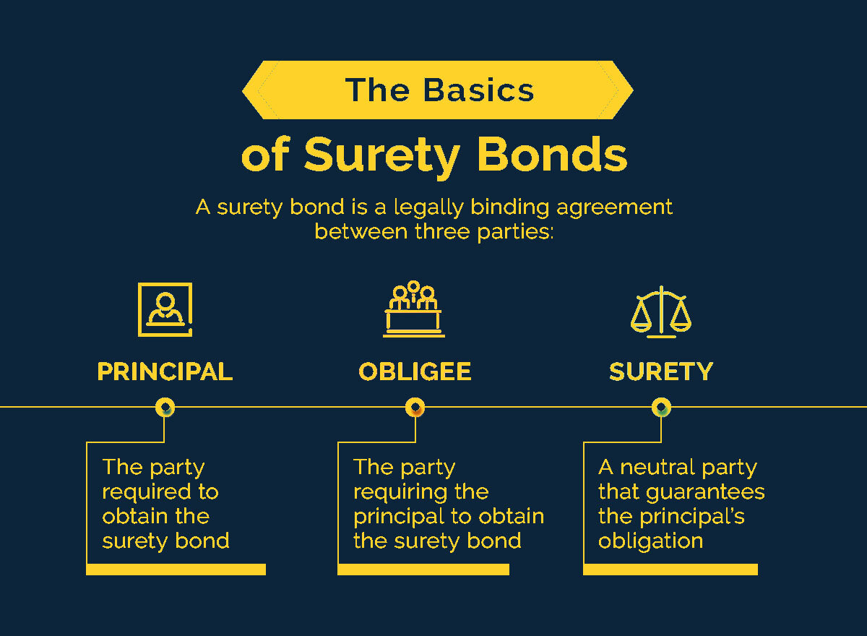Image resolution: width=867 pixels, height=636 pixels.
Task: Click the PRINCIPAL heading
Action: coord(165,371)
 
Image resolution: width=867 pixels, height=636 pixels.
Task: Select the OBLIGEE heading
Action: coord(415,371)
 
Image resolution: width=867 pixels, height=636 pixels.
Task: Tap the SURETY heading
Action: coord(661,371)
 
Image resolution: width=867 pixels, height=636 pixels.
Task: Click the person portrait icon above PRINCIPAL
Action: coord(165,309)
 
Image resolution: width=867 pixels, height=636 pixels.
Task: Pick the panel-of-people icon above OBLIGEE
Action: coord(414,309)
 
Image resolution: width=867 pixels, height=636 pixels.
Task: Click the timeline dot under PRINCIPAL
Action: coord(165,408)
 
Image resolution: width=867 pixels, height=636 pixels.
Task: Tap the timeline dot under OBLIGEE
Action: coord(415,408)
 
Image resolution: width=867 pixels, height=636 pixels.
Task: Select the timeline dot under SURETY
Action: coord(661,408)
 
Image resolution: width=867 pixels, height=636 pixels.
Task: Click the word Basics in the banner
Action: coord(479,90)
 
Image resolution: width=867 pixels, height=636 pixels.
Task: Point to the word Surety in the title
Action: coord(381,155)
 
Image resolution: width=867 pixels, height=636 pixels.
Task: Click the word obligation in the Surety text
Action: coord(650,541)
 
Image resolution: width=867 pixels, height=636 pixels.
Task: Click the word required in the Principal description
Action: coord(141,492)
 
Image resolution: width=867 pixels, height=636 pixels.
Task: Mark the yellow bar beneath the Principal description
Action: coord(176,570)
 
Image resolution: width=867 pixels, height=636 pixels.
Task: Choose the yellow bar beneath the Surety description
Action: coord(670,570)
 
